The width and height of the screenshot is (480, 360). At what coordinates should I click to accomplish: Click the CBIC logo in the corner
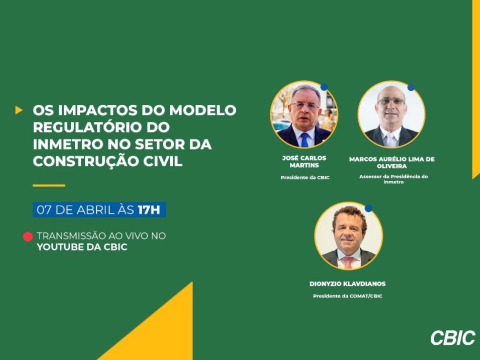click(x=453, y=337)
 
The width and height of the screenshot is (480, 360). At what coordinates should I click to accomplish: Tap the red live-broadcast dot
click(x=28, y=236)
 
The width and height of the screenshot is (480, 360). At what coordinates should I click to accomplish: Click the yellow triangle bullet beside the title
click(x=18, y=110)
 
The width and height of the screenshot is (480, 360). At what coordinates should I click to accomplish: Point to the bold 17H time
click(x=149, y=210)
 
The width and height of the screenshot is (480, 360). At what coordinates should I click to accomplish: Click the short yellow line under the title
click(x=49, y=185)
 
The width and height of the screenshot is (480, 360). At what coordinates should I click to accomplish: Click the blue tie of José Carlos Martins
click(x=304, y=139)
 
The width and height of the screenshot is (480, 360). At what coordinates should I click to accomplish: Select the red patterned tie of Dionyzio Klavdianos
click(x=348, y=262)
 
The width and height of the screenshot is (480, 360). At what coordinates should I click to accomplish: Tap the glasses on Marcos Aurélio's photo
click(x=391, y=101)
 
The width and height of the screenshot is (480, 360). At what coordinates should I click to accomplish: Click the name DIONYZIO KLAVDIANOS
click(x=347, y=284)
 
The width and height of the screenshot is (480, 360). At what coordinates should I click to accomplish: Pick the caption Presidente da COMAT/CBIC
click(x=347, y=296)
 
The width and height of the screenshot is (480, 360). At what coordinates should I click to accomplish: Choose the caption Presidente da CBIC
click(x=305, y=177)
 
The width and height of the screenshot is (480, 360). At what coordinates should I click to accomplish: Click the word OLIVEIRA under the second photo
click(x=391, y=166)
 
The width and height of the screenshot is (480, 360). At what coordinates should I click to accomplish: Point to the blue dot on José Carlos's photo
click(x=324, y=87)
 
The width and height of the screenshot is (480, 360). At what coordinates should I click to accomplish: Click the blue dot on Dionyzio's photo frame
click(x=368, y=208)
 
